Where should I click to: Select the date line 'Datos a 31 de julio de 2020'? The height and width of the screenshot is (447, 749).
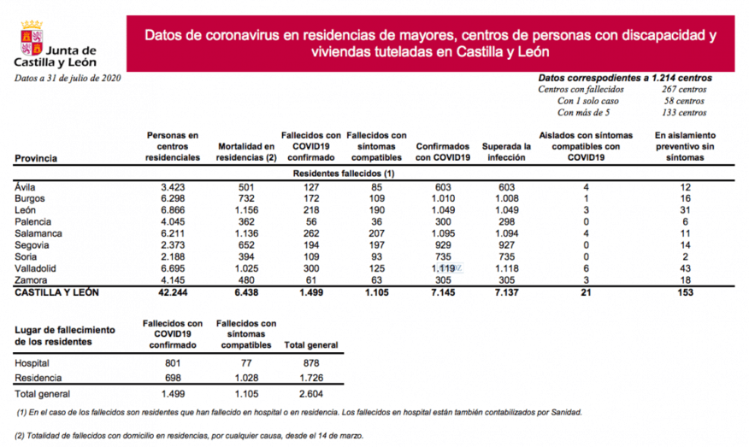[68, 78]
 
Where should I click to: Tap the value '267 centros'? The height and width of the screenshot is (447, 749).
[683, 89]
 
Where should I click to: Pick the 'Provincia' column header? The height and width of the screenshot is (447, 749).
[36, 158]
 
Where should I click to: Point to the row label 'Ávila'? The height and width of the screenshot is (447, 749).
[27, 186]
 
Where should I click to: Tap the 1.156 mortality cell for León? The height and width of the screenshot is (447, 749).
[247, 209]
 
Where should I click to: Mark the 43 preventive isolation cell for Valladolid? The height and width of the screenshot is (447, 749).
[683, 268]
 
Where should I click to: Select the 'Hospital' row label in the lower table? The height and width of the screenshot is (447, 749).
[33, 362]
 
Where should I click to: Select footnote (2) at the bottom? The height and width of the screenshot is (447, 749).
[189, 435]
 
